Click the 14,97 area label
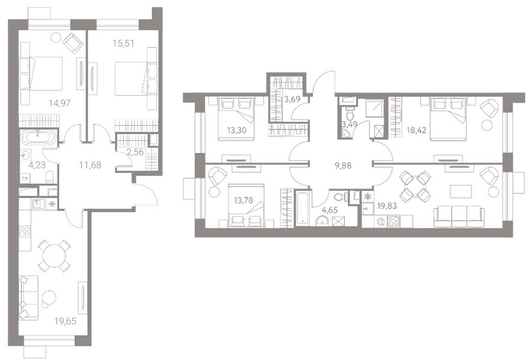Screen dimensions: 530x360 60,103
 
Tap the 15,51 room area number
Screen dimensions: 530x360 123,43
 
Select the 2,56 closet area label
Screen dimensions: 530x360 135,152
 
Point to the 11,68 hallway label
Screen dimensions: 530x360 90,165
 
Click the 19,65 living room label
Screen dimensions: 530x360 65,321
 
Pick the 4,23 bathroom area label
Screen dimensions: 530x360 38,165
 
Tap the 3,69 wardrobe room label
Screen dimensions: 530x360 291,100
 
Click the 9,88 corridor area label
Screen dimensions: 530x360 342,165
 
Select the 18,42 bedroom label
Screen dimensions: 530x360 416,130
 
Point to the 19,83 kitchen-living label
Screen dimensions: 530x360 387,206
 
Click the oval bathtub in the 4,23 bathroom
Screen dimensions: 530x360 38,138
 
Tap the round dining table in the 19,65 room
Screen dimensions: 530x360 54,255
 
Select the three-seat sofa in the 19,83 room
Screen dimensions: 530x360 459,217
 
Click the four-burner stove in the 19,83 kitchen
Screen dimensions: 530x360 393,221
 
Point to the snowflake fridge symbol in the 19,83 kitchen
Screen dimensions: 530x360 367,196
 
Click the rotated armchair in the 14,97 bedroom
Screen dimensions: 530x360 73,43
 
